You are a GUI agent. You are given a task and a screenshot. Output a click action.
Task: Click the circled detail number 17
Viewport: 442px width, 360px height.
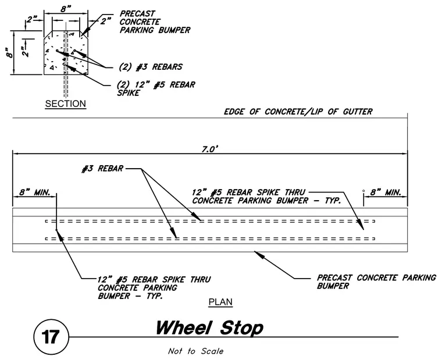point(51,337)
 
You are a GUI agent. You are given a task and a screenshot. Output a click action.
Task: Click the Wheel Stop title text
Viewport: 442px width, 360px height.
point(209,327)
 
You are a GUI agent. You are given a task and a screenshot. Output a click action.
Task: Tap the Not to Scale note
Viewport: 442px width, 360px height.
point(195,351)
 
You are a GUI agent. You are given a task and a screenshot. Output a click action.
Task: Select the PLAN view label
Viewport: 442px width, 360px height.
point(220,302)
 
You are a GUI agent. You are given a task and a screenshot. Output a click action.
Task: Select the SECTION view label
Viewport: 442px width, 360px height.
point(65,104)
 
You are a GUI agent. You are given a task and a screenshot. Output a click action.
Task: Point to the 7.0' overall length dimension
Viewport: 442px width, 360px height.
point(210,149)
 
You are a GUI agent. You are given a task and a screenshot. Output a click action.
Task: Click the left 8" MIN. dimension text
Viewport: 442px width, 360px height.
point(35,193)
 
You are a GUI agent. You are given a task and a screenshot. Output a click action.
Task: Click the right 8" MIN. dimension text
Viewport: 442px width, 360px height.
point(386,193)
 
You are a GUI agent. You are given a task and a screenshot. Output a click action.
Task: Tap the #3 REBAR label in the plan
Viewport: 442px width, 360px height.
point(102,169)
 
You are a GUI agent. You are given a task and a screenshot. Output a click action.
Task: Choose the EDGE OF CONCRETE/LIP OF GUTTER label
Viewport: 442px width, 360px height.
point(298,112)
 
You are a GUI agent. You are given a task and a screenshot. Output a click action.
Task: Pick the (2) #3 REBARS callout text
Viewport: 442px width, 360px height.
point(151,67)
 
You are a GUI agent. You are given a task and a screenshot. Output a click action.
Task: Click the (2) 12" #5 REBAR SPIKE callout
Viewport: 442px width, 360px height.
point(156,88)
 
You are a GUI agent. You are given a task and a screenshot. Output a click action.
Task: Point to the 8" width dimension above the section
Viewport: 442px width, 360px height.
point(66,9)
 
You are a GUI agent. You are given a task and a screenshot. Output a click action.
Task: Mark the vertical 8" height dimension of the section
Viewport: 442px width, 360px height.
point(9,53)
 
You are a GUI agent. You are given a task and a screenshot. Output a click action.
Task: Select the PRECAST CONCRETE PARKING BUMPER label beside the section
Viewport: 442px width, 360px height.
point(155,22)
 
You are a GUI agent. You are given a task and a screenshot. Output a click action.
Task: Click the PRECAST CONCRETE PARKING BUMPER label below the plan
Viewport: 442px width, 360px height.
point(376,281)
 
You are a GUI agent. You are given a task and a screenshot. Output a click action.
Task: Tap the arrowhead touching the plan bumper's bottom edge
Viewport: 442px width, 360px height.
point(259,254)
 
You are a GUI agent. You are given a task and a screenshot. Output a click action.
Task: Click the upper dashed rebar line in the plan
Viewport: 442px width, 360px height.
point(210,222)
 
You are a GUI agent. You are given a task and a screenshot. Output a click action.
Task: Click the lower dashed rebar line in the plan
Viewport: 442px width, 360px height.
point(210,239)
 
